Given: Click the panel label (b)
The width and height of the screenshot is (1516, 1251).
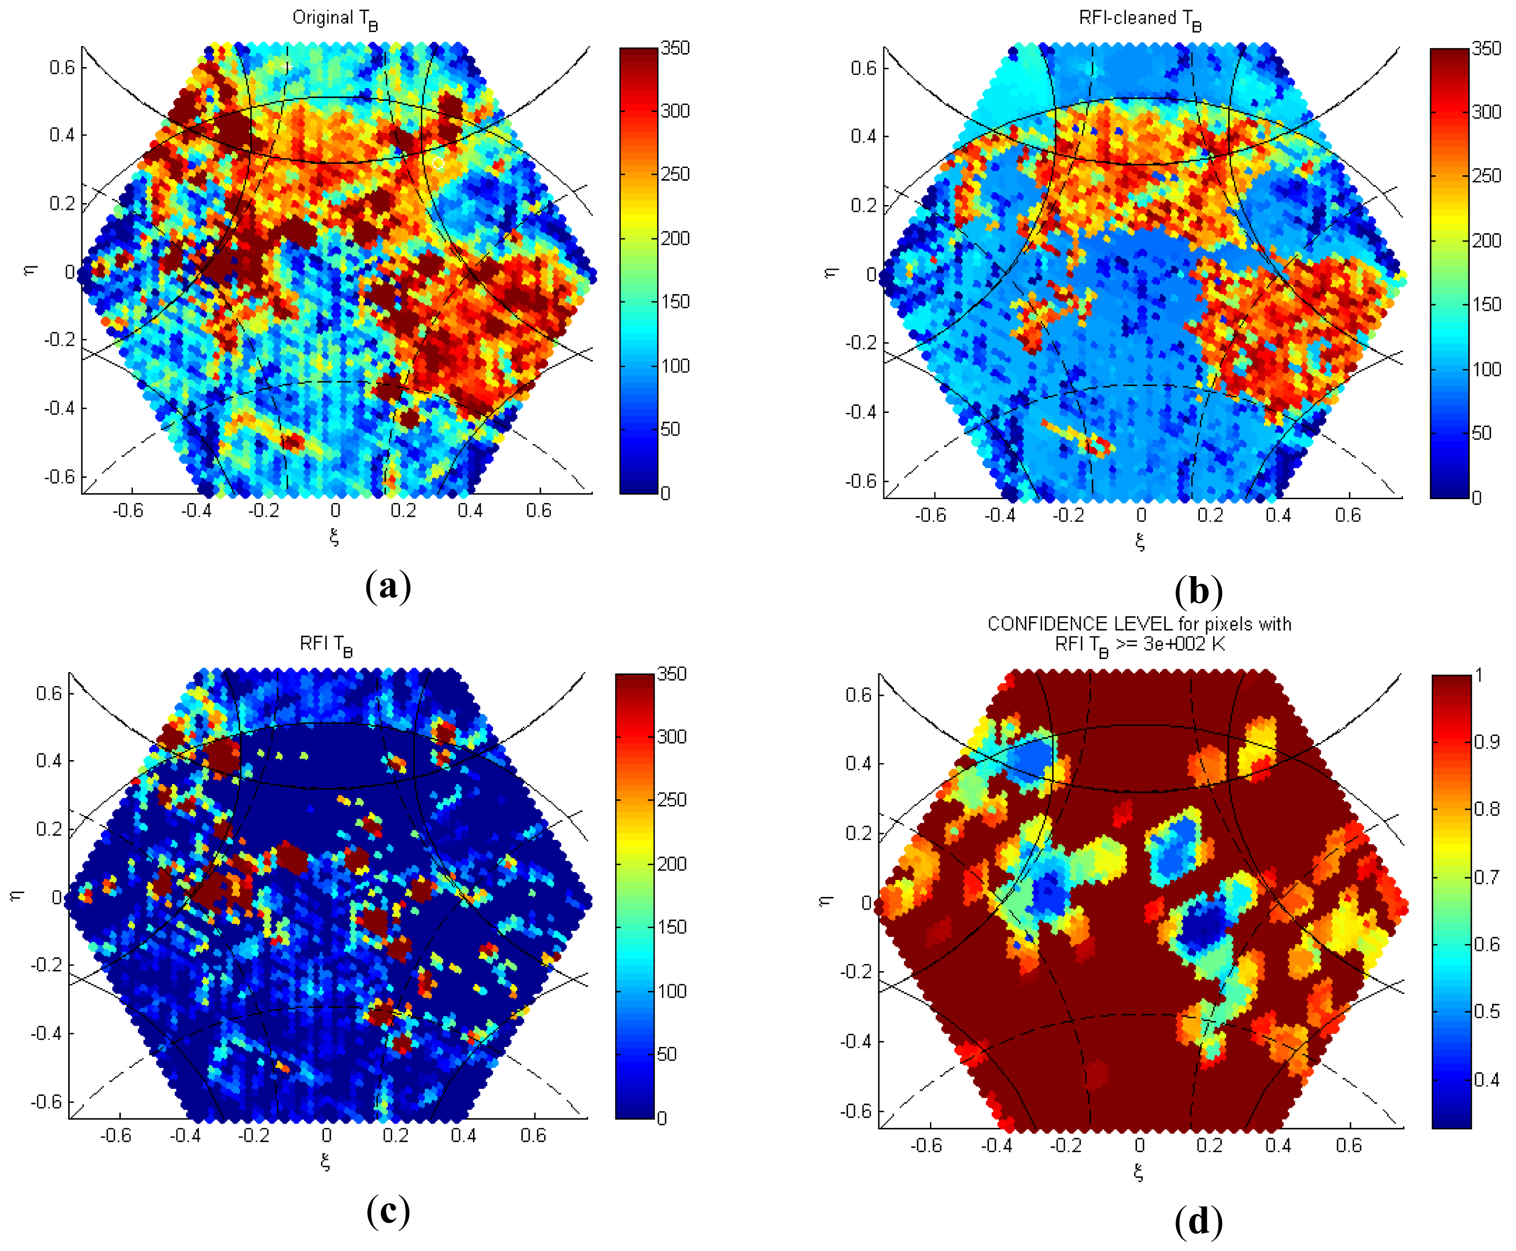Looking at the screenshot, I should pyautogui.click(x=1198, y=591).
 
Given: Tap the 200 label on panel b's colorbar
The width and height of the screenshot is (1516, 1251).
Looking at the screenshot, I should pyautogui.click(x=1486, y=240).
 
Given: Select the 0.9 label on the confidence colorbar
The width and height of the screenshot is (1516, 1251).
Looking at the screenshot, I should pyautogui.click(x=1486, y=742).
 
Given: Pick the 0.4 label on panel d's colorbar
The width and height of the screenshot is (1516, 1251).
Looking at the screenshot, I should pyautogui.click(x=1486, y=1079).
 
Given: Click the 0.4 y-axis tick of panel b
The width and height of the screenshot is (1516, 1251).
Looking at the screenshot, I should pyautogui.click(x=862, y=136).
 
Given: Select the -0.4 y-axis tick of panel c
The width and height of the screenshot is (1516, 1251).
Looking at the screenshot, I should pyautogui.click(x=46, y=1033).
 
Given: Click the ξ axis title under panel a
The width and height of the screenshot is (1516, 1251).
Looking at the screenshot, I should pyautogui.click(x=334, y=537).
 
